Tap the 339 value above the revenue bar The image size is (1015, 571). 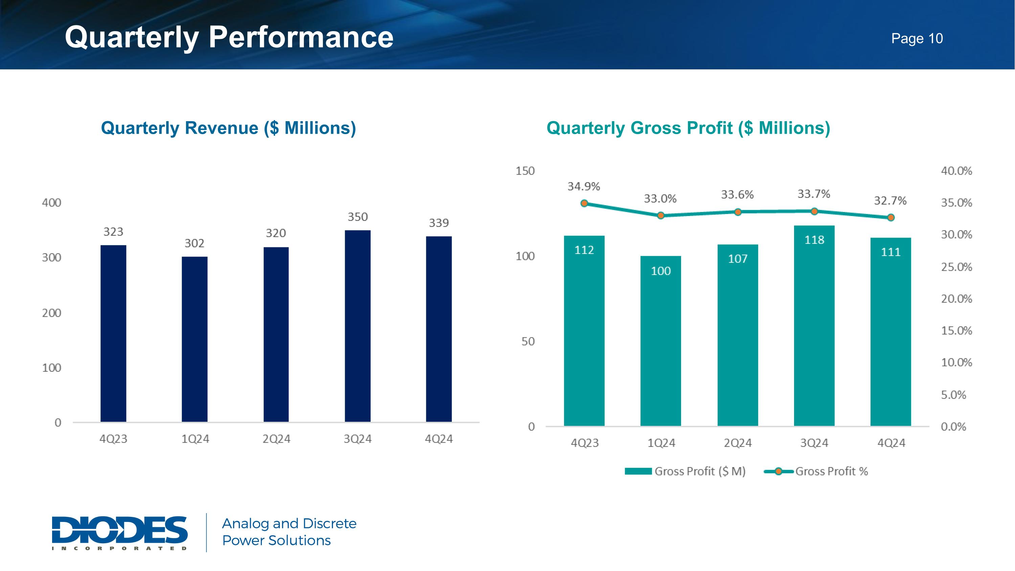point(438,223)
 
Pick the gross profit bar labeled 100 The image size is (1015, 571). point(660,341)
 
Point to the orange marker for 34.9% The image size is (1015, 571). point(584,203)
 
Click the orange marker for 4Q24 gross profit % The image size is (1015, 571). point(891,218)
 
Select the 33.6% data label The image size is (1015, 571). point(737,195)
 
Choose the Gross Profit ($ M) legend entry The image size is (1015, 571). point(685,471)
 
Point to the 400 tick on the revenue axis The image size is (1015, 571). point(52,203)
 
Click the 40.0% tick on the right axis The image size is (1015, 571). point(956,171)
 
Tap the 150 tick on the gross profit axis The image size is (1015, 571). point(525,171)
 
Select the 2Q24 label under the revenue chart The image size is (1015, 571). point(276,439)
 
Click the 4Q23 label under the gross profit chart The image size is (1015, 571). point(585,443)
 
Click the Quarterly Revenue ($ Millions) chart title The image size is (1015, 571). point(228,128)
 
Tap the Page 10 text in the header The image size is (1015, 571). point(917,39)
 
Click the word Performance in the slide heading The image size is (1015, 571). point(301,38)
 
